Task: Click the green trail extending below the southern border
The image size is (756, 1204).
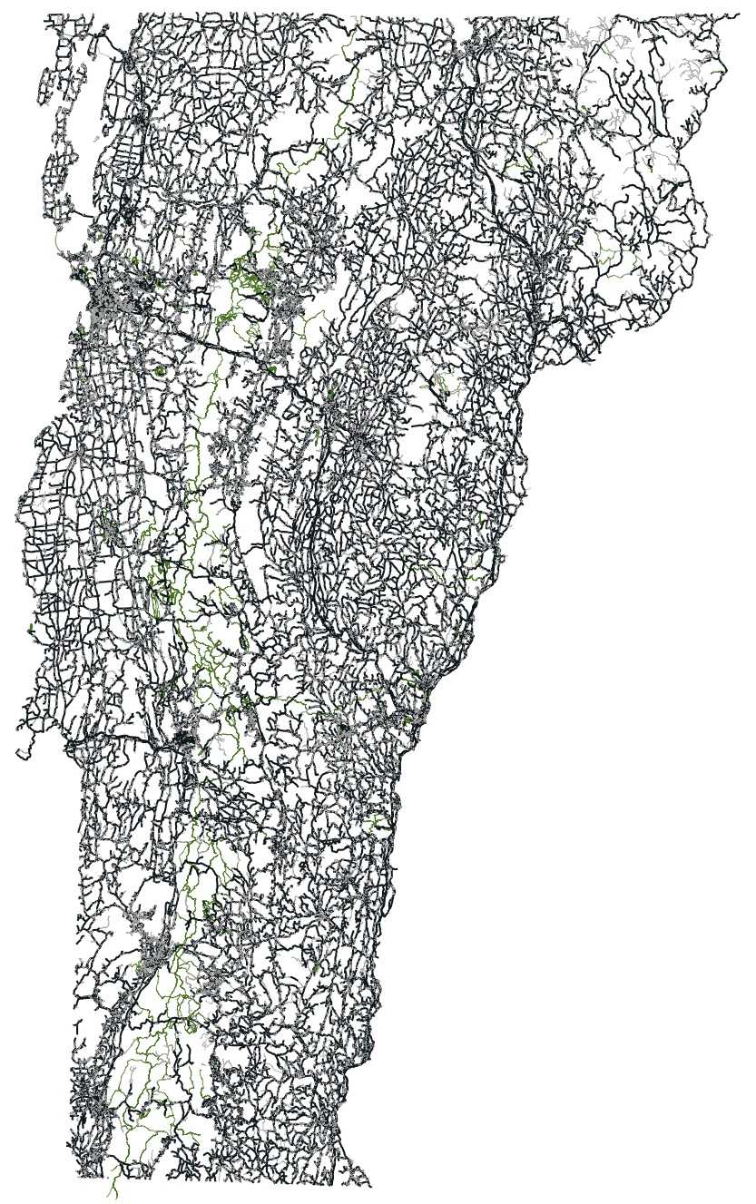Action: [115, 1187]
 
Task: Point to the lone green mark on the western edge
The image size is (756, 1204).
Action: [31, 628]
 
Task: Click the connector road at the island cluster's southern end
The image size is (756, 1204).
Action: [65, 214]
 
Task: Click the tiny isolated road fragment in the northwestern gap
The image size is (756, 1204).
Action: [97, 139]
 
